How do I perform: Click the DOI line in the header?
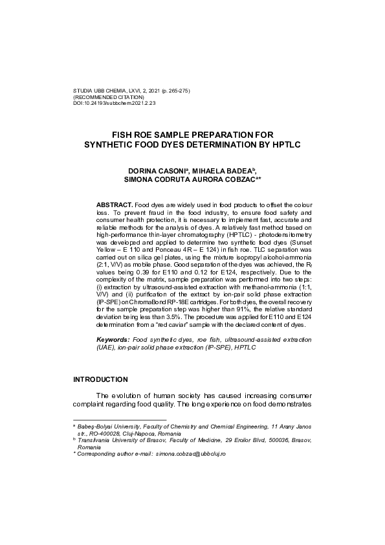pyautogui.click(x=115, y=102)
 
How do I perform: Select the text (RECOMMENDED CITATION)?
pyautogui.click(x=109, y=96)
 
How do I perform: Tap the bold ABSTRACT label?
pyautogui.click(x=115, y=204)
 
